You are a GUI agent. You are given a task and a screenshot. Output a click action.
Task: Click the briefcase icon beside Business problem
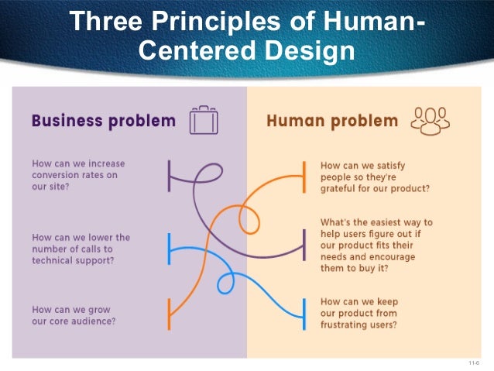click(204, 122)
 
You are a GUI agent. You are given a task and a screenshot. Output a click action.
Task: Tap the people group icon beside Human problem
click(431, 122)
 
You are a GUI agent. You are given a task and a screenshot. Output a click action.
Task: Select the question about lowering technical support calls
click(81, 249)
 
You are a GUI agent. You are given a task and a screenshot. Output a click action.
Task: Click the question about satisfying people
click(376, 177)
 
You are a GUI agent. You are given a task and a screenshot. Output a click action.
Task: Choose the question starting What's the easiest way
click(376, 246)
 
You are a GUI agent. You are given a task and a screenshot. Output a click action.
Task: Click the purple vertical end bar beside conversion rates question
click(169, 176)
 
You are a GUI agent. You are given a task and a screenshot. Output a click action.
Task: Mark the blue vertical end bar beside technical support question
click(169, 249)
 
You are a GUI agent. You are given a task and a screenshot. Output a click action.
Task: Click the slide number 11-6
click(474, 362)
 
